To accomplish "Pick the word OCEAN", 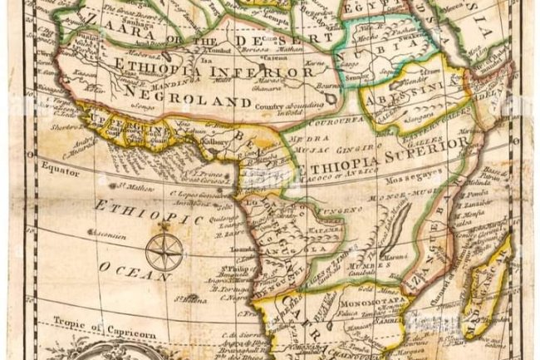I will [x=125, y=270].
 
